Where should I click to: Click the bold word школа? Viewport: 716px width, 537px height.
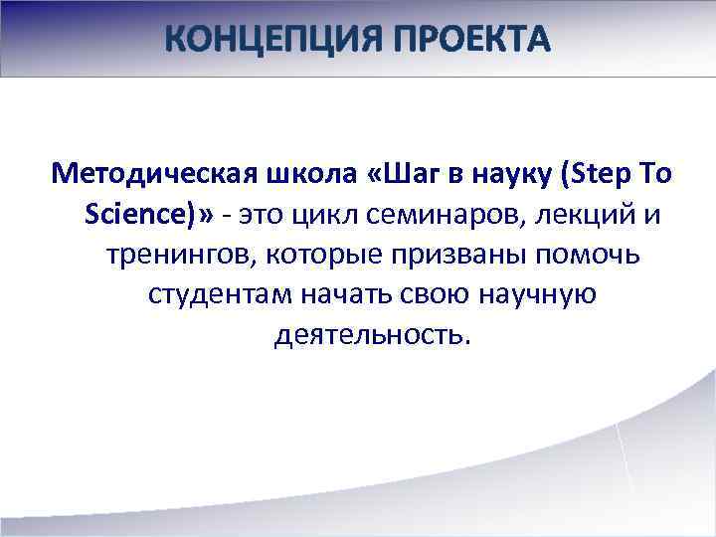click(300, 176)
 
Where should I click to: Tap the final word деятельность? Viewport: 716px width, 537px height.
click(369, 335)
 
